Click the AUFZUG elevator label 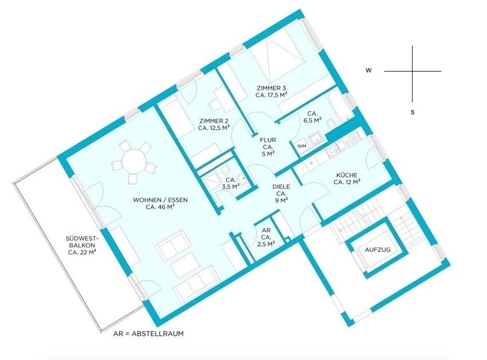click(x=378, y=249)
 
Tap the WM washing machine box click(x=301, y=146)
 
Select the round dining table click(x=134, y=161)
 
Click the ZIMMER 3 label click(x=271, y=88)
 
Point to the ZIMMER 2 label click(x=214, y=120)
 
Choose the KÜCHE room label click(x=346, y=175)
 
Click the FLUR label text click(x=268, y=140)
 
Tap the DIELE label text click(x=281, y=186)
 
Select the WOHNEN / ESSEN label click(x=160, y=200)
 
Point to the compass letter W click(x=368, y=71)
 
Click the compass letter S click(x=413, y=112)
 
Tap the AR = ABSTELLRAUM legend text click(x=149, y=334)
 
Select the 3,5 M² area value click(x=230, y=186)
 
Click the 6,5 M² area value click(x=312, y=120)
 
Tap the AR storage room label click(x=266, y=230)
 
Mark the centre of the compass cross click(x=413, y=71)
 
